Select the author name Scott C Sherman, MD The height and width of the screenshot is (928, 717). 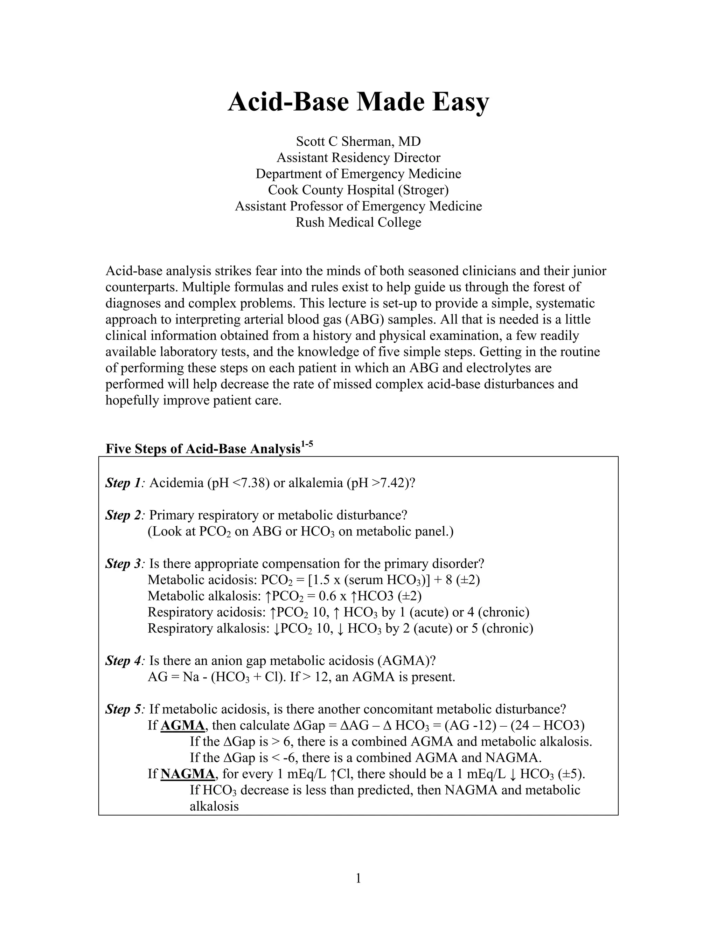pyautogui.click(x=358, y=141)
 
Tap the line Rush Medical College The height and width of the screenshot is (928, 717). pyautogui.click(x=358, y=222)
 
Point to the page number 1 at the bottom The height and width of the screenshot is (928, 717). pyautogui.click(x=358, y=878)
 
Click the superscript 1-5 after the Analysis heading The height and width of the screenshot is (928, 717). pyautogui.click(x=307, y=445)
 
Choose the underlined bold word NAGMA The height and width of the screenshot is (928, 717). pyautogui.click(x=187, y=774)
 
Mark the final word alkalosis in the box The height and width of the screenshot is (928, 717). pyautogui.click(x=214, y=806)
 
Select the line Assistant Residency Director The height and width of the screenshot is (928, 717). pyautogui.click(x=358, y=158)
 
